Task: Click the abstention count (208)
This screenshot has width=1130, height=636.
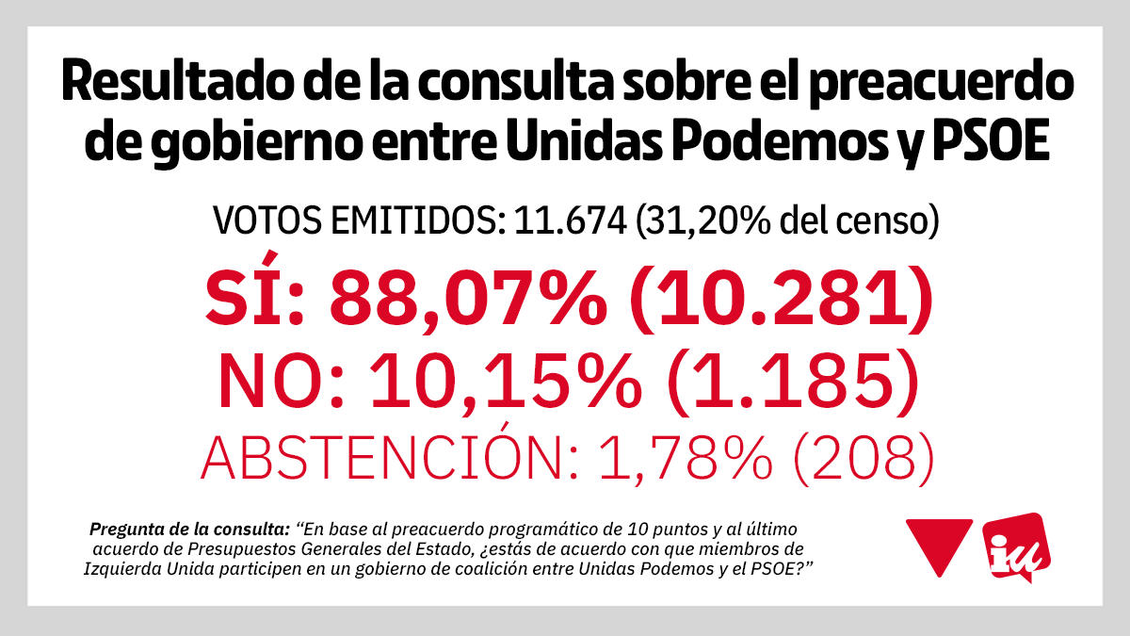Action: point(862,461)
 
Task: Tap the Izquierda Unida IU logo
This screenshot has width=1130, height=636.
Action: point(1014,546)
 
